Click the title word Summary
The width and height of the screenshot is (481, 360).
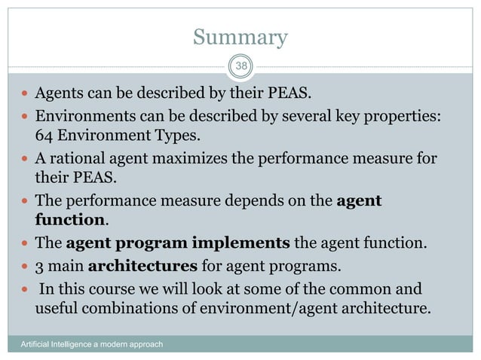(240, 37)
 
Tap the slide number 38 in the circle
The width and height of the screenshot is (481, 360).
(240, 66)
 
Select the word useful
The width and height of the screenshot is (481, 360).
(57, 307)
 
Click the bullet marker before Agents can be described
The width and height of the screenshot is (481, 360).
(25, 96)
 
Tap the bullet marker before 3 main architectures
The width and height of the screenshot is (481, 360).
(25, 266)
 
